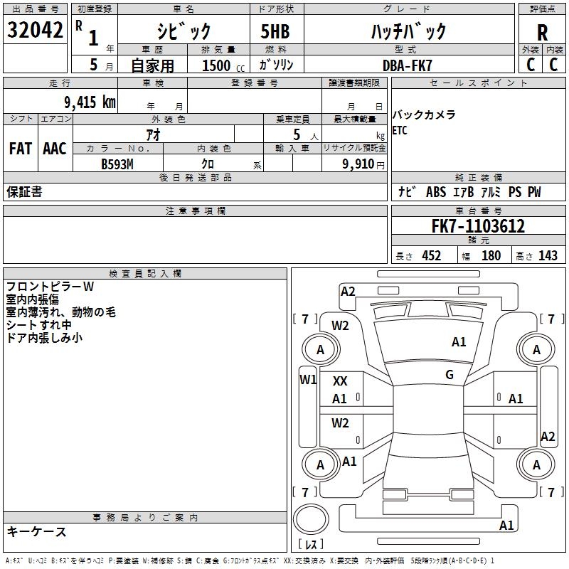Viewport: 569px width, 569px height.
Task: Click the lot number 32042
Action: (35, 31)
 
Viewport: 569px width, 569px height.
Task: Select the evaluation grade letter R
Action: (542, 33)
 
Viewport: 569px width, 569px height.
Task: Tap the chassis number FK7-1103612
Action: (478, 227)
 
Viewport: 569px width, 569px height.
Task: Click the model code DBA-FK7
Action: (408, 65)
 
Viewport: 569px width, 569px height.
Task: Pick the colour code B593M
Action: (117, 163)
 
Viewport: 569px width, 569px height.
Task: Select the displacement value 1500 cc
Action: (221, 65)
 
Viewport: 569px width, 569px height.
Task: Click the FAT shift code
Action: (20, 149)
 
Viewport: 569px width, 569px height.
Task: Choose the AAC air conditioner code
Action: (54, 149)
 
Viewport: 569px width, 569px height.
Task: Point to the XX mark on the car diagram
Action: (340, 381)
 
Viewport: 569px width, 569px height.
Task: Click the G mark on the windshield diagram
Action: (450, 375)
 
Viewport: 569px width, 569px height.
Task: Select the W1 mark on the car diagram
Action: (308, 379)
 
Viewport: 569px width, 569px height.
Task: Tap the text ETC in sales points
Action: (400, 130)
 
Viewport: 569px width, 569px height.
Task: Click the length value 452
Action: (431, 255)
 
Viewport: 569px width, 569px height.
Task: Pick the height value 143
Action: (548, 255)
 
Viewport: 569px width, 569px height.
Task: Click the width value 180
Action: (491, 255)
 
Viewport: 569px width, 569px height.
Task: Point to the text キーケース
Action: (36, 531)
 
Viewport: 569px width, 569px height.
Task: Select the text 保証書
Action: (24, 192)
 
